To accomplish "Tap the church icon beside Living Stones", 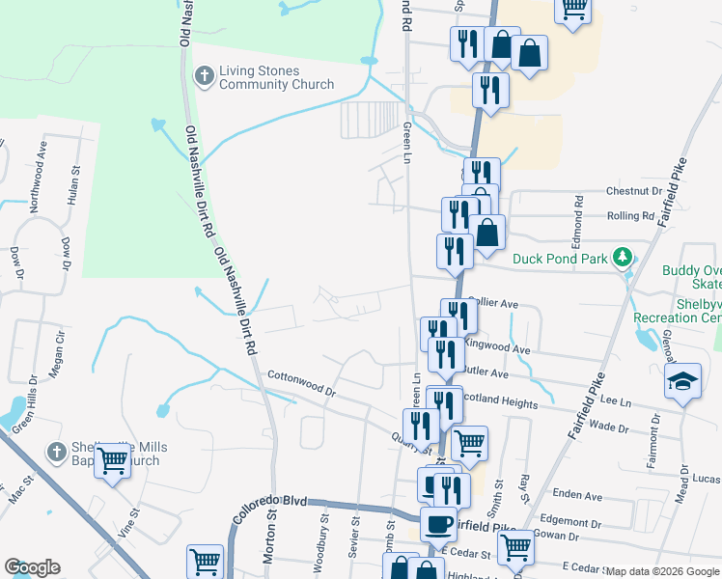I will point(205,76).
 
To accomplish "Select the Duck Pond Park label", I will point(560,259).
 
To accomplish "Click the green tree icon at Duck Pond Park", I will point(625,258).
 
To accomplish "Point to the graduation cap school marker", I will point(682,382).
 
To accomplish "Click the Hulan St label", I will point(74,181).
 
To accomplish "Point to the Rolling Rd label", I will point(630,216).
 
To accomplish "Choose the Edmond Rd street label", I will point(578,218).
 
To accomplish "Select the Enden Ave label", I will point(578,496).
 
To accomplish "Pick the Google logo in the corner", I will point(32,567).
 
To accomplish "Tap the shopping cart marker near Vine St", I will point(113,462).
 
